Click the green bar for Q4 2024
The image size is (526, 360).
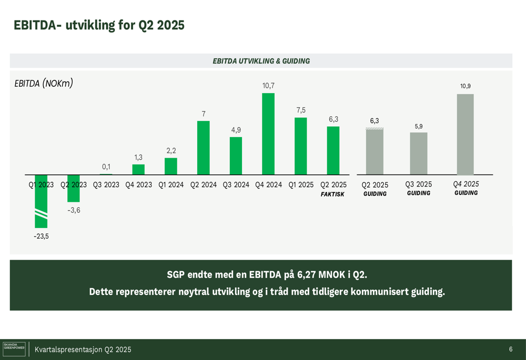268,134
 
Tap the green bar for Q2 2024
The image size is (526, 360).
204,148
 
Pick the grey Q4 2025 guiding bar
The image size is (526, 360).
466,135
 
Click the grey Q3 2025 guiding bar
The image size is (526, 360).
419,153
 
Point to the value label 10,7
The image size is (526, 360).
268,86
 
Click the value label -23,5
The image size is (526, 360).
41,236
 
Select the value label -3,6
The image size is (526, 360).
74,210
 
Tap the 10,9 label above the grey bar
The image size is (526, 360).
466,86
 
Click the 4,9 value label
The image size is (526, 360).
236,130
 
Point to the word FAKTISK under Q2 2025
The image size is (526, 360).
332,194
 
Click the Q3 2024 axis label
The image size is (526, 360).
236,185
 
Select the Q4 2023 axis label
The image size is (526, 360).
138,185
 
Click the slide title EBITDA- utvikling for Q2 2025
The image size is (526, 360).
99,25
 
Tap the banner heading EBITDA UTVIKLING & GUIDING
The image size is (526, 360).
261,61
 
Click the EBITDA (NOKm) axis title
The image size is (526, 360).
44,83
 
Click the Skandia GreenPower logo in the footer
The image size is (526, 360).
14,349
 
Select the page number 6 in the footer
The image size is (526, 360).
511,349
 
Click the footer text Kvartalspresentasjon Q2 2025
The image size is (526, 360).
83,349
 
